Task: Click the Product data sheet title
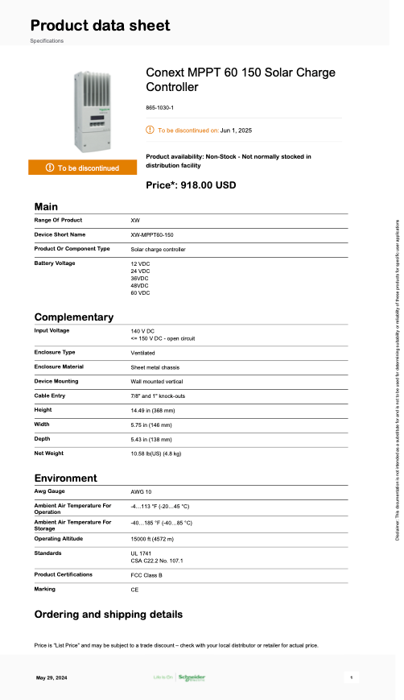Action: click(101, 25)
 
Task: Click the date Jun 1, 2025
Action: click(236, 130)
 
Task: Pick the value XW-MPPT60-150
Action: click(151, 234)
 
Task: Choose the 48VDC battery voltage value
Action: click(140, 285)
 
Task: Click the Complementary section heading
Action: click(73, 317)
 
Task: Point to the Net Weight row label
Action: click(50, 454)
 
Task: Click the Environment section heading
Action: click(66, 478)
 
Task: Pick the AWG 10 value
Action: click(142, 491)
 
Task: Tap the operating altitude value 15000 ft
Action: click(152, 538)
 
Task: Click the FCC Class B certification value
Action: click(146, 575)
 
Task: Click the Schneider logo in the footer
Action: click(191, 677)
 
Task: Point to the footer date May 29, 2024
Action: click(52, 677)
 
